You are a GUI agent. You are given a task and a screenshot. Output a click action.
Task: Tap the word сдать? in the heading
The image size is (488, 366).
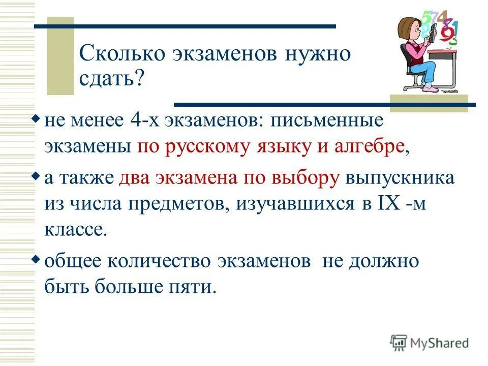(x=112, y=78)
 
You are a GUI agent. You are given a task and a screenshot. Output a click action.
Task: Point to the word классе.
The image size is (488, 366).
(x=76, y=229)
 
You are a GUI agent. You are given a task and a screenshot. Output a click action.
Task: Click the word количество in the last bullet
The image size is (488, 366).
(x=163, y=261)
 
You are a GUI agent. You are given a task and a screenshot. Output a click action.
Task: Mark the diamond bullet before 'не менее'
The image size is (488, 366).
(x=36, y=119)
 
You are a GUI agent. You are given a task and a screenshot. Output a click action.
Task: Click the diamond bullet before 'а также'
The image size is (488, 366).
(x=36, y=175)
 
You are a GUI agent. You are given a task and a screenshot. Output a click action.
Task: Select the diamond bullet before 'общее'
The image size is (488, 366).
(x=36, y=259)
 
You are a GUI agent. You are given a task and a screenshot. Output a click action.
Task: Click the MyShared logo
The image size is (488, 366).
(x=430, y=343)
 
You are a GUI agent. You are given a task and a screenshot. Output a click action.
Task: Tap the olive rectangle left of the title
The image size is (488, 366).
(x=60, y=56)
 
